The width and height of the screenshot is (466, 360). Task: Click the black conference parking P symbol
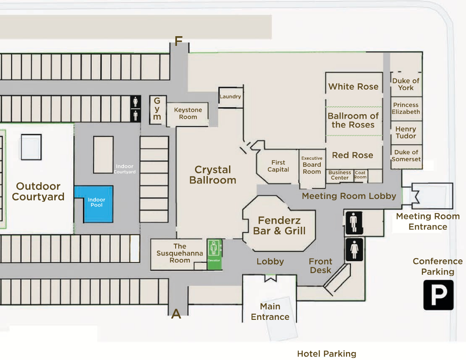click(438, 295)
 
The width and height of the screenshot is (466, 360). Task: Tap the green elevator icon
click(214, 254)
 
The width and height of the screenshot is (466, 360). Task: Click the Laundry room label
click(230, 97)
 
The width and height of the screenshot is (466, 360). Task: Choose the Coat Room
click(360, 175)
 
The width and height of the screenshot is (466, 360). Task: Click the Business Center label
click(340, 175)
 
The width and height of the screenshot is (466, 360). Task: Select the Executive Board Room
click(312, 169)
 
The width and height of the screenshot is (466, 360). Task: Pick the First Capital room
click(278, 166)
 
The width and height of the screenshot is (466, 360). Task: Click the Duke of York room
click(406, 84)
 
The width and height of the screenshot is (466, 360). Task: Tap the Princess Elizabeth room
click(406, 109)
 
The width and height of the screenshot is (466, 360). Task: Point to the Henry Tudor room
click(406, 132)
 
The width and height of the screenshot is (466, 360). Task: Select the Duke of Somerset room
click(406, 156)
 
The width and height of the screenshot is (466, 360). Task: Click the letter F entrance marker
click(178, 41)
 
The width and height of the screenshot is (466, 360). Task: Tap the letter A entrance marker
click(176, 314)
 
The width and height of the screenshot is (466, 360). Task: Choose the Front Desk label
click(320, 266)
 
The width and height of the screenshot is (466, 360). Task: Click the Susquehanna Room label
click(180, 253)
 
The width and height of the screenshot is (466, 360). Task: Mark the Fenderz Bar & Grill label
click(279, 225)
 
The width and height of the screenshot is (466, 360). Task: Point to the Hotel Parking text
click(327, 354)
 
